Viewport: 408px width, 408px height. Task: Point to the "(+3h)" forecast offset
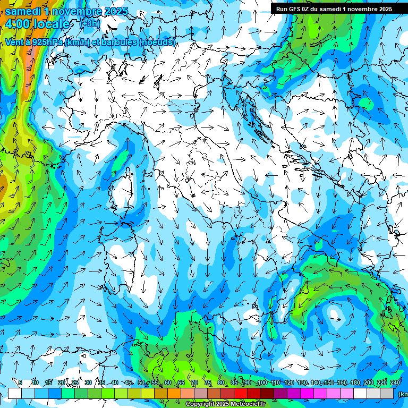pos(89,23)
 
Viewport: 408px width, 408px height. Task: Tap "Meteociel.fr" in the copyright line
pos(246,404)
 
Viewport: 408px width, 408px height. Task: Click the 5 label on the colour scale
pos(20,383)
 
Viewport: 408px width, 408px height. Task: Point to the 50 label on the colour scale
pos(141,383)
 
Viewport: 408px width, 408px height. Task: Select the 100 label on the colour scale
pos(262,383)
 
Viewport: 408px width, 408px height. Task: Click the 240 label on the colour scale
pos(395,383)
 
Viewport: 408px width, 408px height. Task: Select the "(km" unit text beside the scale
pos(403,394)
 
